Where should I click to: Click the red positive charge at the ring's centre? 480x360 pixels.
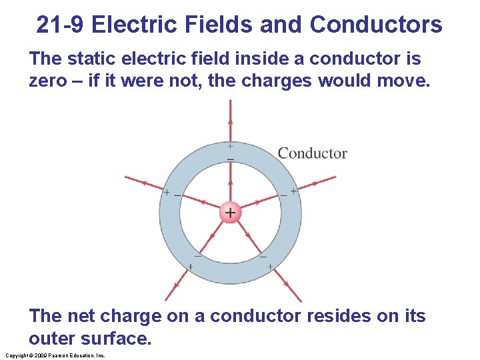tap(230, 213)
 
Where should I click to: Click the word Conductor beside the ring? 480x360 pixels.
tap(312, 153)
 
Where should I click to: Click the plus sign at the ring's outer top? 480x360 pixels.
tap(230, 146)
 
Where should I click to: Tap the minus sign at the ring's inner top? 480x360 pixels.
tap(230, 160)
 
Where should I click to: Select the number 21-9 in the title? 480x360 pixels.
tap(61, 25)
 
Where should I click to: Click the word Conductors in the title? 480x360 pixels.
tap(375, 25)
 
